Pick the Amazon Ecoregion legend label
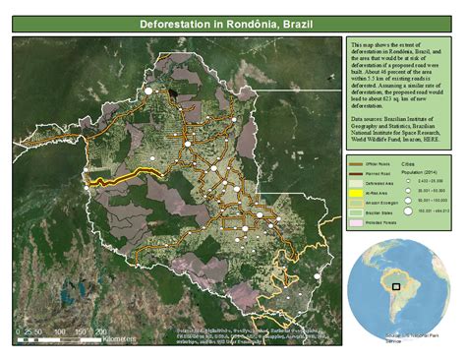coord(380,204)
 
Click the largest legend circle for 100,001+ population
coord(408,210)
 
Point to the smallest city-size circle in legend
coord(408,181)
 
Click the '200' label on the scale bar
coord(100,332)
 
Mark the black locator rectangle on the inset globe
coord(396,286)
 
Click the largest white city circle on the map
coord(149,90)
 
